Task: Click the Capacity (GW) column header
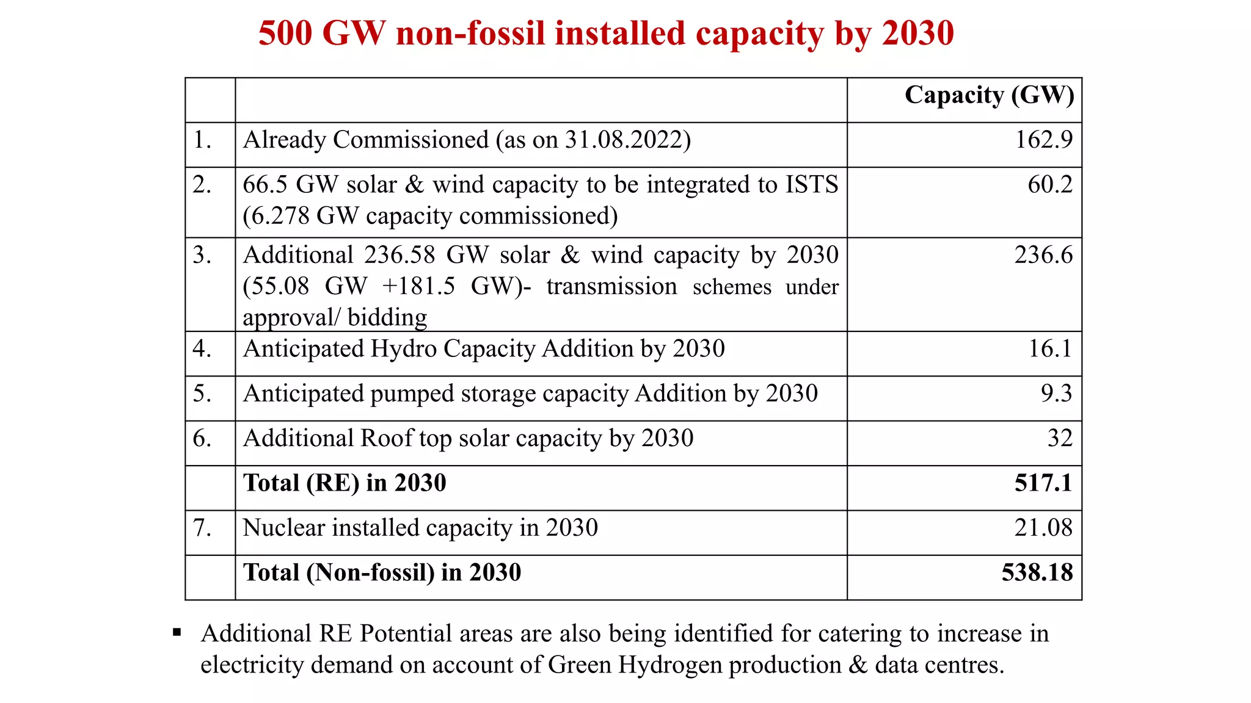(989, 95)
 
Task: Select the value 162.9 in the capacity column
(1043, 140)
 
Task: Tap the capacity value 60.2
(1049, 184)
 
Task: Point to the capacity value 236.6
(1043, 255)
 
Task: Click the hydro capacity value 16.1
(1050, 348)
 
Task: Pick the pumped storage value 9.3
(1056, 393)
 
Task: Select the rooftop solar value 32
(1060, 438)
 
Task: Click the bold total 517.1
(1043, 483)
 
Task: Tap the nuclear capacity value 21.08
(1043, 528)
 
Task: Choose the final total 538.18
(1037, 572)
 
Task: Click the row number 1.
(202, 140)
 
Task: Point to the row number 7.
(202, 528)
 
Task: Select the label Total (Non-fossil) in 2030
(382, 572)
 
